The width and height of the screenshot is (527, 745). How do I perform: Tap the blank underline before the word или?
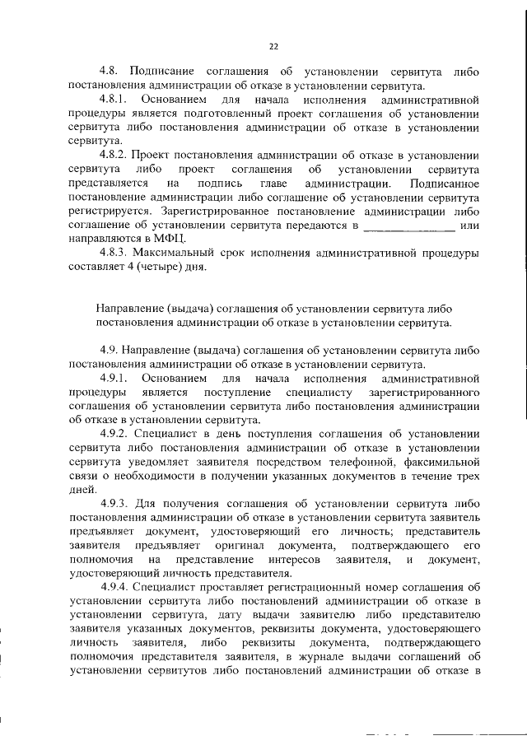coord(408,225)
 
